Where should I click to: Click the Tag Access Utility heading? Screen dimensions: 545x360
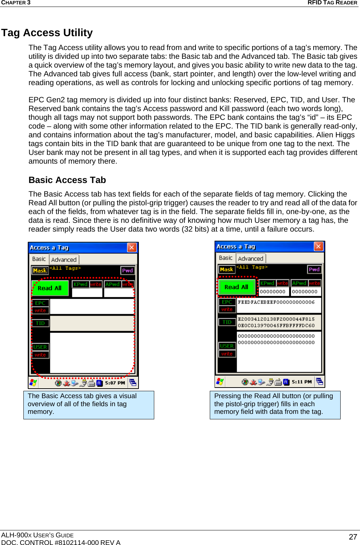tap(47, 33)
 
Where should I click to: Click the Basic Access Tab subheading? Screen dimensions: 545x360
tap(67, 180)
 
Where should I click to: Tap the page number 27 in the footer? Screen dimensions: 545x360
tap(353, 537)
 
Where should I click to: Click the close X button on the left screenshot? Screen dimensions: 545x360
tap(132, 247)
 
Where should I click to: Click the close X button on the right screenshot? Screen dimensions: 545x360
tap(318, 246)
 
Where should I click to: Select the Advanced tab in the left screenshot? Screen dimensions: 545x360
tap(64, 259)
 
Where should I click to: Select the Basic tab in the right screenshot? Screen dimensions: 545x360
tap(226, 258)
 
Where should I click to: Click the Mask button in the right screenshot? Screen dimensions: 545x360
tap(227, 270)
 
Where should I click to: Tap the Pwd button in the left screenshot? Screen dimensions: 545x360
tap(128, 270)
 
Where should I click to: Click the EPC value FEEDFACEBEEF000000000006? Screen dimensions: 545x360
tap(276, 302)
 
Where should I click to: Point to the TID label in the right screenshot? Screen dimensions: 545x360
tap(227, 322)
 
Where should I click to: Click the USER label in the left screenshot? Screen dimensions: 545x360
tap(40, 347)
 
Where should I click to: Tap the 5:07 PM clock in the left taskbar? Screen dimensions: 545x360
tap(115, 383)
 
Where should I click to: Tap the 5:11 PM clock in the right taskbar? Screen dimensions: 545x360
tap(302, 382)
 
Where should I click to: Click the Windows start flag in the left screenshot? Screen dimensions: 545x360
tap(33, 382)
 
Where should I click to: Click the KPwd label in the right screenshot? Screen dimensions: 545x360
tap(267, 283)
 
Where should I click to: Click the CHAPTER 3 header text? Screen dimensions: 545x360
tap(16, 3)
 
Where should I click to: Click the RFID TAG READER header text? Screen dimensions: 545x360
tap(332, 3)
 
